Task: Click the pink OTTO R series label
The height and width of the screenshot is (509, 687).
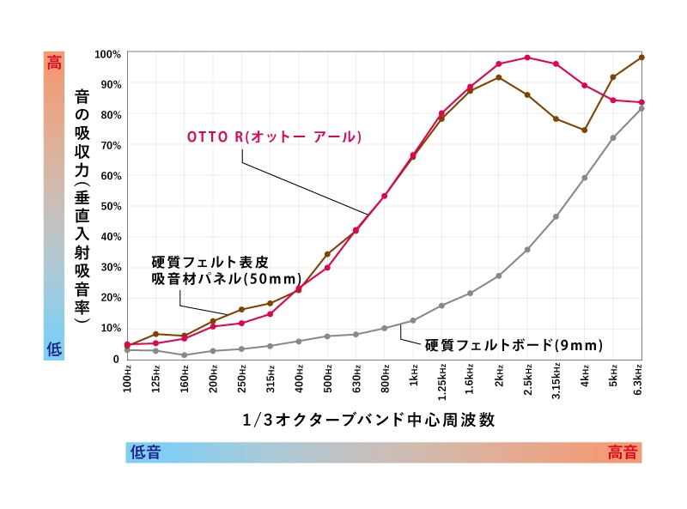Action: click(x=275, y=137)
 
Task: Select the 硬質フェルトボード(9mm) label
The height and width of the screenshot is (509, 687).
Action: click(x=514, y=345)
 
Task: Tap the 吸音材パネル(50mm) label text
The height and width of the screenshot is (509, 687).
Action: click(x=226, y=279)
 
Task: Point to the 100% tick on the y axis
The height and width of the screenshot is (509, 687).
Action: click(x=107, y=54)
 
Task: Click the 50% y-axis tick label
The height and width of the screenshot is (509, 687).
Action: click(x=109, y=206)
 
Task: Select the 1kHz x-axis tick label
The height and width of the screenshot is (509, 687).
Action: click(x=413, y=378)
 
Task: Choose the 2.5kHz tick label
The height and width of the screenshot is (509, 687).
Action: click(x=527, y=380)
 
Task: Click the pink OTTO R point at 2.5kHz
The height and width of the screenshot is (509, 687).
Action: click(x=527, y=58)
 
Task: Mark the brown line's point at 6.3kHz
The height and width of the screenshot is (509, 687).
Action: click(x=641, y=58)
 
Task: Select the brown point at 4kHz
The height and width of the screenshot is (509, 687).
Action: click(x=585, y=130)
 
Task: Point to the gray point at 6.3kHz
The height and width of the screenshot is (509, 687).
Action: click(x=641, y=108)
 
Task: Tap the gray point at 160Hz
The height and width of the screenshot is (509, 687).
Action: click(x=185, y=355)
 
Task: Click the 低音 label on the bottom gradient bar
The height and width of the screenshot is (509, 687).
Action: click(x=145, y=452)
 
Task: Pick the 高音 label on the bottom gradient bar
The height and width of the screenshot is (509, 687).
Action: click(x=623, y=452)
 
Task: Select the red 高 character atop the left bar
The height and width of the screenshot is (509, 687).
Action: click(x=54, y=62)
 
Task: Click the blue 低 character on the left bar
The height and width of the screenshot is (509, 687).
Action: click(x=54, y=348)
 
